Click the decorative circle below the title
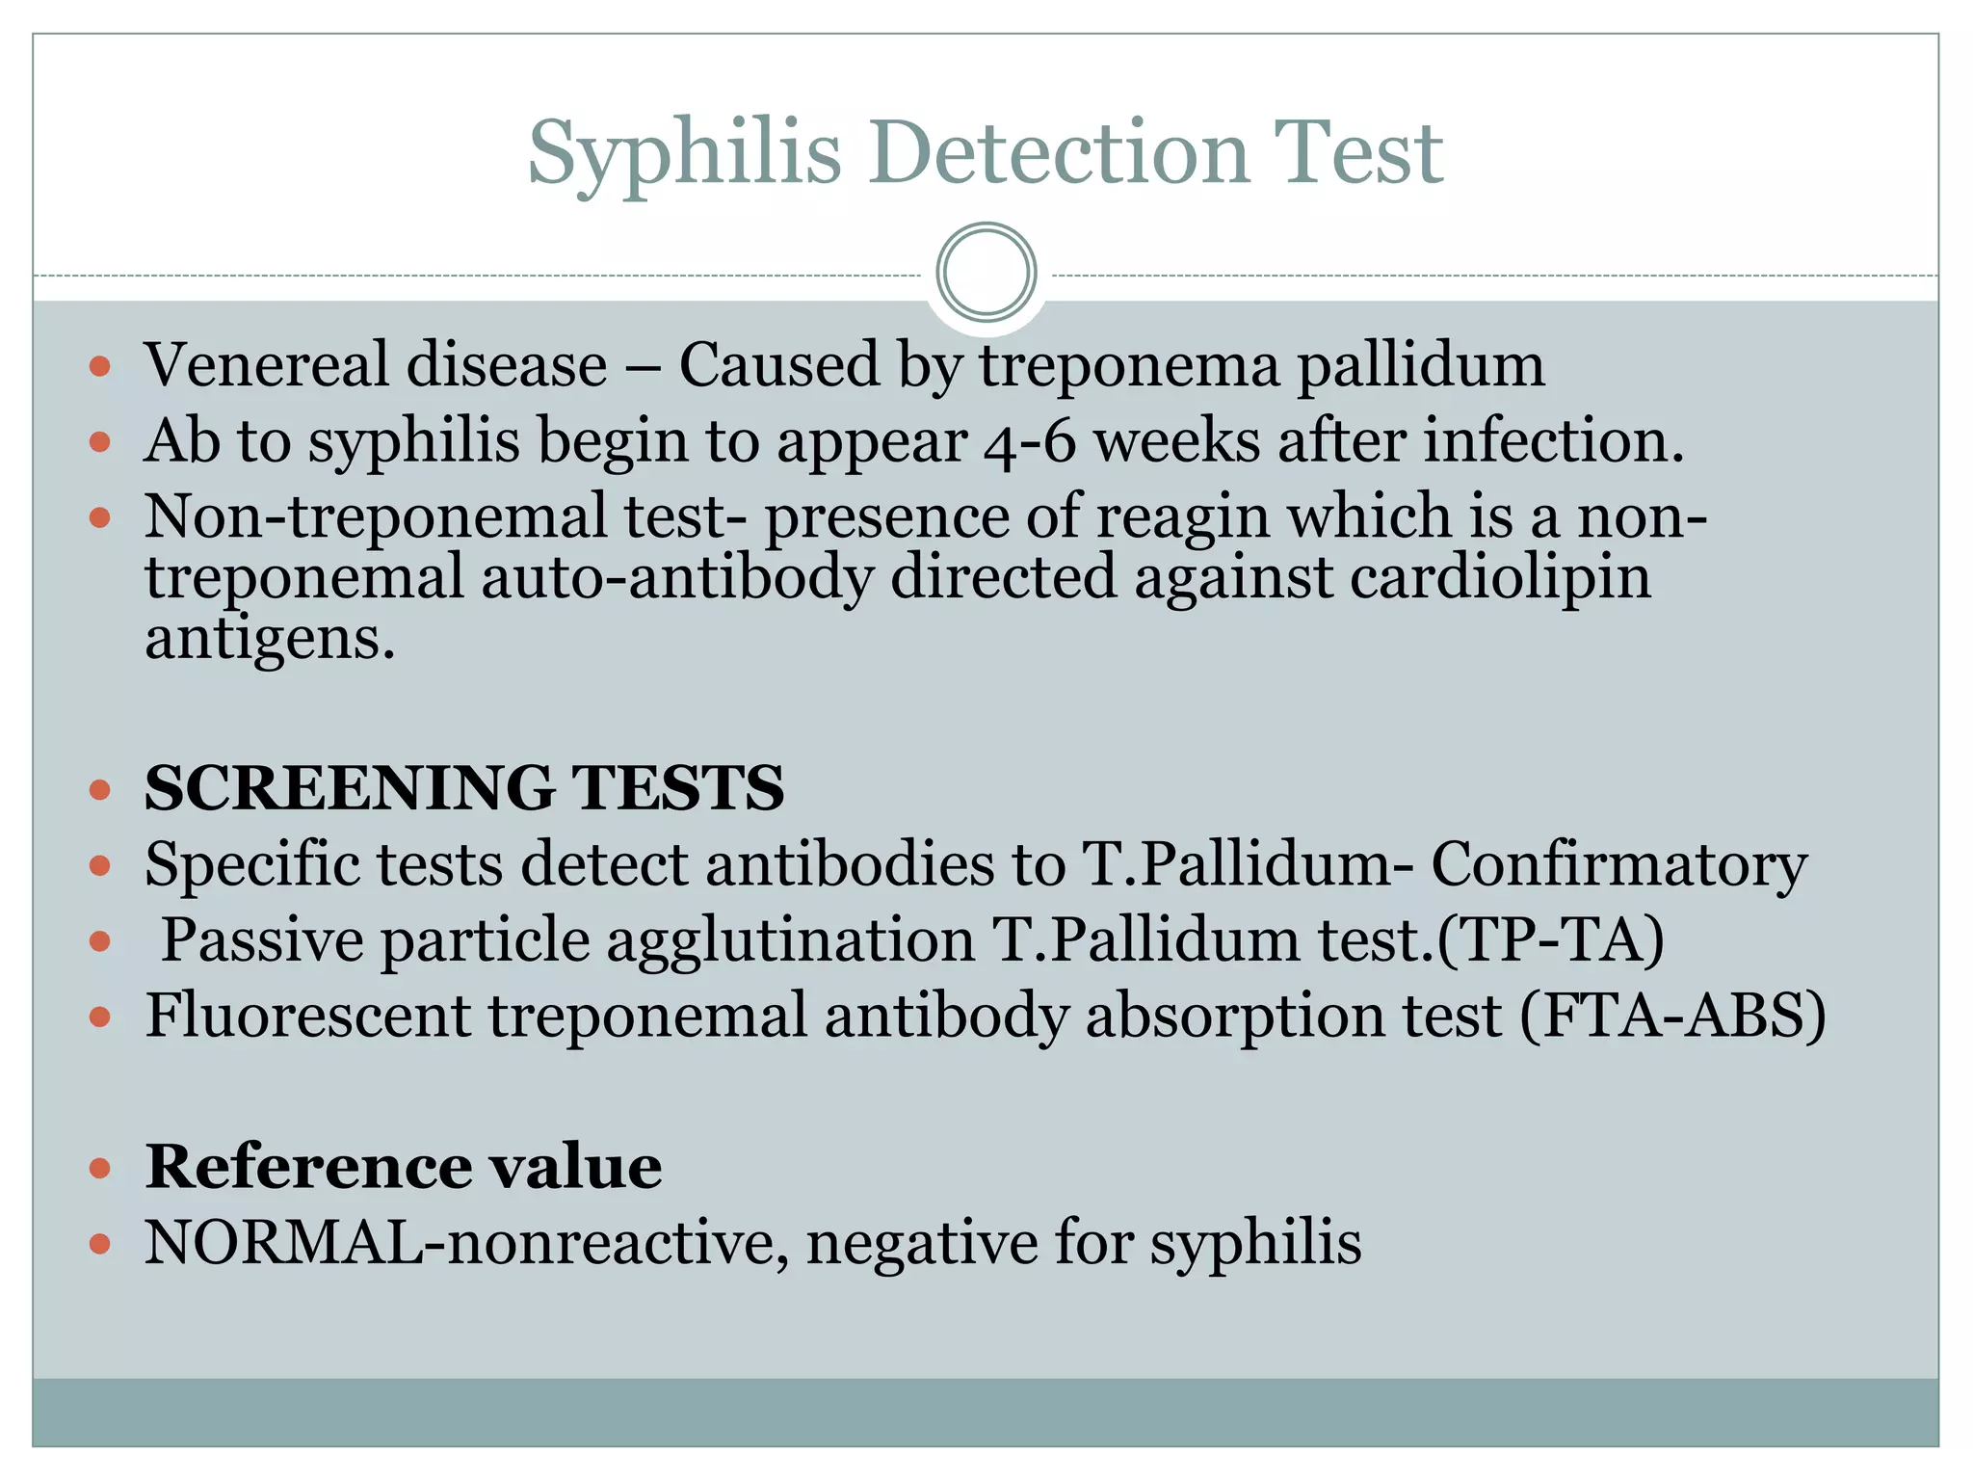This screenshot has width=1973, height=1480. [986, 273]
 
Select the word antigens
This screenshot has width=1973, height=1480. [270, 640]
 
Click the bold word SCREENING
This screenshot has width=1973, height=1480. [350, 787]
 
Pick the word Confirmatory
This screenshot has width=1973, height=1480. [1618, 864]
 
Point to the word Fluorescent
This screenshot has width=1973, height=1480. [307, 1016]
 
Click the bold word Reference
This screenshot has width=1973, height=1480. [307, 1167]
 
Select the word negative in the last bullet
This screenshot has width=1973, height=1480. [920, 1242]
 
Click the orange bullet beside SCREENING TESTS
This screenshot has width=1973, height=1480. [100, 790]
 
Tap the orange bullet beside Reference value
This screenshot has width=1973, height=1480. [100, 1169]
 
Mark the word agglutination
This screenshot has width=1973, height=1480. [790, 939]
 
